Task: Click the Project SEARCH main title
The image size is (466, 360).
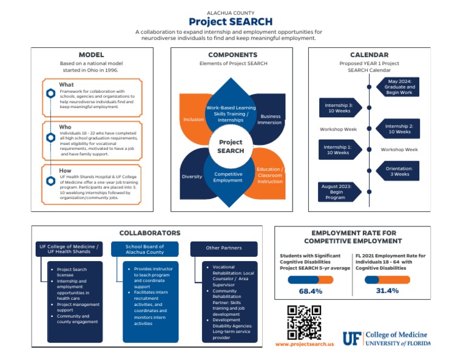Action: point(231,22)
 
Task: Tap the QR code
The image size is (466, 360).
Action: point(304,322)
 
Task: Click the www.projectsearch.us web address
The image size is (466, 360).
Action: point(304,344)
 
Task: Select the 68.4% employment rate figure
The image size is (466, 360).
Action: point(310,291)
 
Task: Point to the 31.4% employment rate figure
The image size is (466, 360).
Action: point(387,291)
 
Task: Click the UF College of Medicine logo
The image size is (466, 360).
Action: point(386,339)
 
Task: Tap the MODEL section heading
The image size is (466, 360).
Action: point(92,55)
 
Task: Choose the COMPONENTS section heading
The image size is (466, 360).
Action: point(232,55)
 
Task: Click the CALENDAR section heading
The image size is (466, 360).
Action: point(369,55)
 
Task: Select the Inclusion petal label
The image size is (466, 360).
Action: point(194,120)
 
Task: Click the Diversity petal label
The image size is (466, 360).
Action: point(192,177)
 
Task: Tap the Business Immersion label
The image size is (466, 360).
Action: point(269,119)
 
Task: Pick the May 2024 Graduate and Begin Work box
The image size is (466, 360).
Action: point(400,87)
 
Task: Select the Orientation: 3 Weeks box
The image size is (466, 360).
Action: point(399,171)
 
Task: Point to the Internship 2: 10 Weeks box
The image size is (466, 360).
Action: point(399,129)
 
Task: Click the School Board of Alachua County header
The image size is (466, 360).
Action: point(144,249)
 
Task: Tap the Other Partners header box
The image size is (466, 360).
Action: point(223,248)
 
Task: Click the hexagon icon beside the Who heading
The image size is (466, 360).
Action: point(51,137)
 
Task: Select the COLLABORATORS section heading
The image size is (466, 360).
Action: point(149,233)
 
